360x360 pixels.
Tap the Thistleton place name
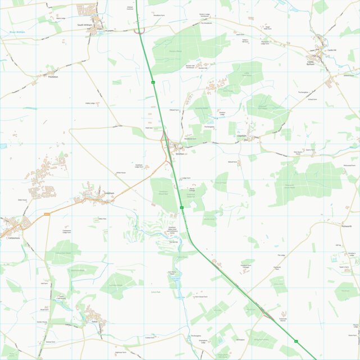[x=53, y=76]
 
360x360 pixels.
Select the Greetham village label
[x=110, y=193]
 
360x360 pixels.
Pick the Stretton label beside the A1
[x=180, y=153]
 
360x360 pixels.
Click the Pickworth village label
[x=347, y=226]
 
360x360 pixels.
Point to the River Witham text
[x=17, y=32]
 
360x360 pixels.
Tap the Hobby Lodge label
[x=89, y=103]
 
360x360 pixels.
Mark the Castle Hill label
[x=331, y=50]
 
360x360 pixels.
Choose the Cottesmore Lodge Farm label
[x=66, y=231]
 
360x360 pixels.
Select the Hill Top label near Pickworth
[x=338, y=245]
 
